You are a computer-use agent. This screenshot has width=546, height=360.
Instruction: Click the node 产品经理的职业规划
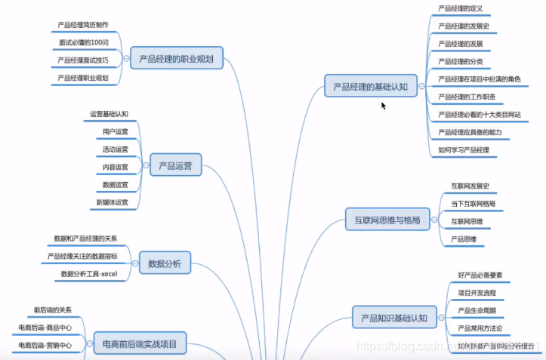[x=177, y=58]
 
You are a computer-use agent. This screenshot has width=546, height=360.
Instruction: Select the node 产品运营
[x=175, y=165]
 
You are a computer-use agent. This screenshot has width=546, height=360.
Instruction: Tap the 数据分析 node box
[x=165, y=264]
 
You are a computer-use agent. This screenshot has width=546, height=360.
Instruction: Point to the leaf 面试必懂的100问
[x=83, y=42]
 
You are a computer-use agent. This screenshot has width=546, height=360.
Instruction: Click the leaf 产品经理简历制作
[x=83, y=25]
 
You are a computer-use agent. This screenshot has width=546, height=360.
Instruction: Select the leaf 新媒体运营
[x=112, y=202]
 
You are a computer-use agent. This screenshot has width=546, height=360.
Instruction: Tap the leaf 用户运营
[x=115, y=131]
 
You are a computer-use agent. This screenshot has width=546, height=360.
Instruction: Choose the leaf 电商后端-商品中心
[x=45, y=328]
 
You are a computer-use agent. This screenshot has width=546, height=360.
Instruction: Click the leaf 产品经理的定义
[x=460, y=8]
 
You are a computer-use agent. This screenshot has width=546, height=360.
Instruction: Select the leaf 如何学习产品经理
[x=464, y=150]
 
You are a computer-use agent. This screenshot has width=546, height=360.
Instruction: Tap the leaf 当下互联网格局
[x=473, y=204]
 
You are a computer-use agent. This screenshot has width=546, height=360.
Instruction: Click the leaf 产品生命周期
[x=477, y=310]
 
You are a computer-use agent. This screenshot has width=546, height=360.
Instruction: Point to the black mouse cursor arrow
[x=383, y=105]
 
